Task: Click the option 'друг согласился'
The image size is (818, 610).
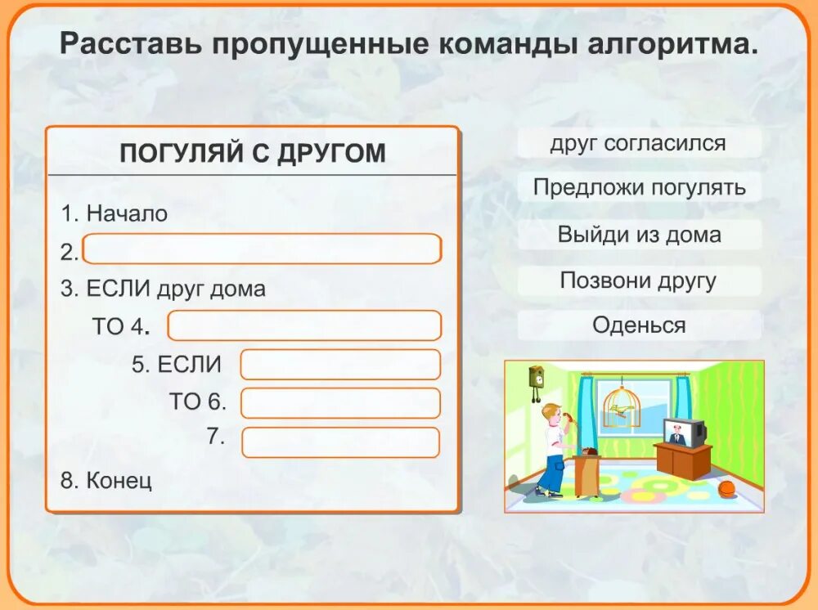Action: tap(638, 144)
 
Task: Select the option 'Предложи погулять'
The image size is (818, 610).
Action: tap(639, 187)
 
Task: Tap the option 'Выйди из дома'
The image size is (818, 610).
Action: tap(639, 235)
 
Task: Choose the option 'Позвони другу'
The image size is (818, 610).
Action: tap(638, 281)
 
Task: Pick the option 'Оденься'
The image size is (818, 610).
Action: tap(639, 325)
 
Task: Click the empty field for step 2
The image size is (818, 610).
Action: tap(262, 249)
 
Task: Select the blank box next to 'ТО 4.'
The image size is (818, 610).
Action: tap(304, 325)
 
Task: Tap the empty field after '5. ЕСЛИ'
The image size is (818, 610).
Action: tap(340, 365)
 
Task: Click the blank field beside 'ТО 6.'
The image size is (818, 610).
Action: tap(340, 403)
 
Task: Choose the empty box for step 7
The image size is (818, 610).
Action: tap(340, 442)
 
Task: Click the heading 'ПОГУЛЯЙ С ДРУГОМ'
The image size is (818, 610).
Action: tap(253, 153)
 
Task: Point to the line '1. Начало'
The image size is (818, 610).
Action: tap(115, 214)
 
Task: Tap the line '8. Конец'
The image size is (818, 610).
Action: tap(106, 480)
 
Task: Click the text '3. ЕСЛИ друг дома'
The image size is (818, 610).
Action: tap(164, 289)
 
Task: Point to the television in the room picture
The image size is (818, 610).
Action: tap(683, 432)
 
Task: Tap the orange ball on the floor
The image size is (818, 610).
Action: tap(726, 489)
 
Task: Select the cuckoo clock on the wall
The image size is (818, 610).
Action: tap(537, 380)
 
